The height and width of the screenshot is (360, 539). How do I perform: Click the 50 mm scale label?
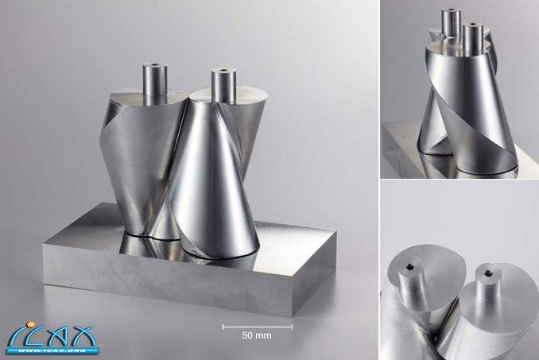coord(257,335)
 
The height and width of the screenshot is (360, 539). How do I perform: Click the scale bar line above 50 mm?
coord(258,327)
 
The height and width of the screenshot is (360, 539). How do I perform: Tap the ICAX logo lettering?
coord(51,336)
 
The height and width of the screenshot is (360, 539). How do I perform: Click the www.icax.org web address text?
coord(52,351)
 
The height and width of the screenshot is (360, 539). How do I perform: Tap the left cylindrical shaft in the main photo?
coord(155,83)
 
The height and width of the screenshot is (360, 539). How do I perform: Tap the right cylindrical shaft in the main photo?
coord(223,85)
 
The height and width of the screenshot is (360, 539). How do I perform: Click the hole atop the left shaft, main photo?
coord(155,64)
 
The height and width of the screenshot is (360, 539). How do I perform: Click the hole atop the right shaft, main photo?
coord(223,71)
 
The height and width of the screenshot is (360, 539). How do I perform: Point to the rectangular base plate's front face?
coord(185,278)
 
